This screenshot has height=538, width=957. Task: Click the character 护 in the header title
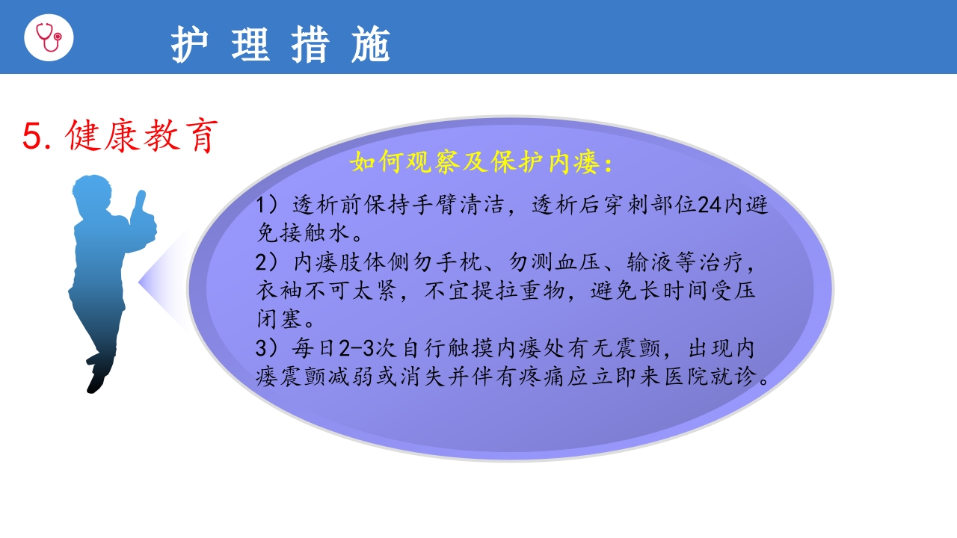click(x=188, y=45)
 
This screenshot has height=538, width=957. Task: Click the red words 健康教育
click(x=142, y=136)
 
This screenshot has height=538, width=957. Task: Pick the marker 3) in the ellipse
click(x=266, y=349)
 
